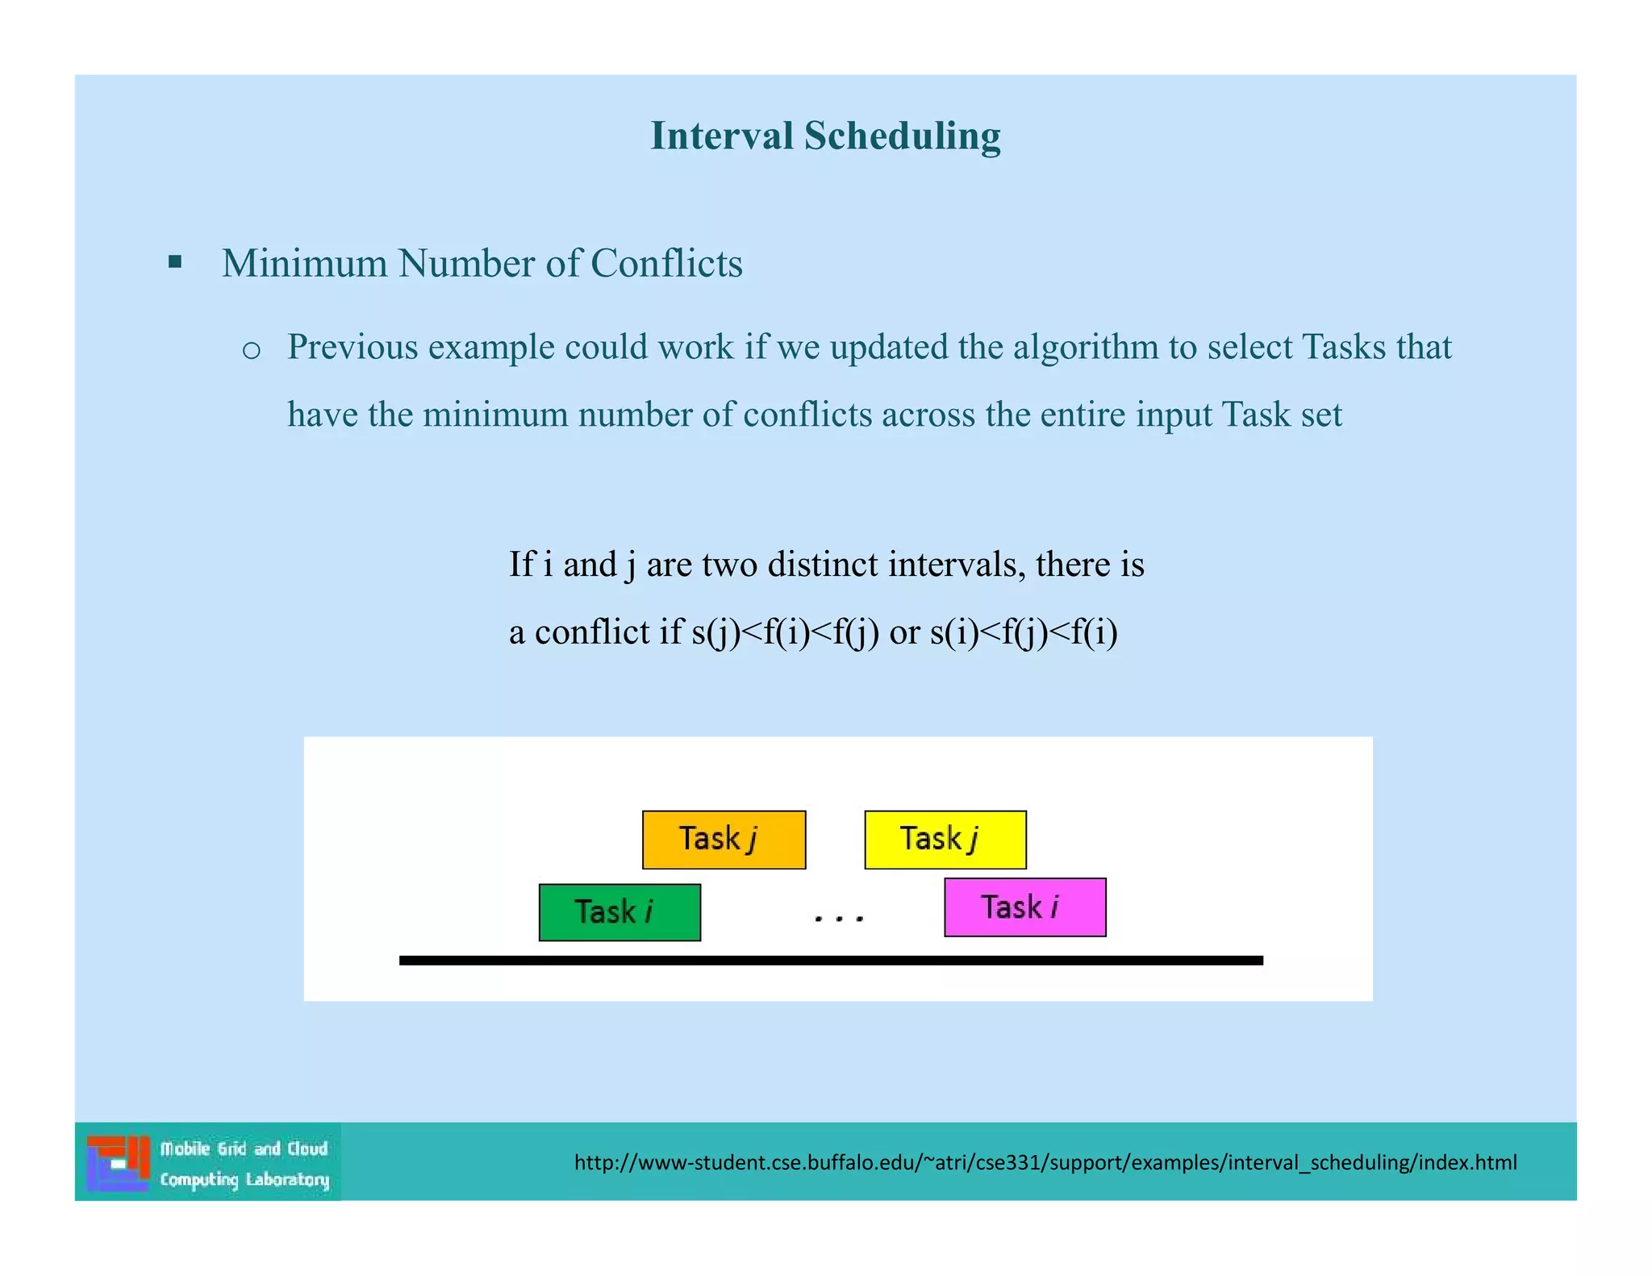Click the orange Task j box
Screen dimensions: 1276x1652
[x=724, y=839]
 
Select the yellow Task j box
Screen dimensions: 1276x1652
[x=945, y=839]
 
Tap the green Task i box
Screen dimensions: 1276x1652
[x=619, y=912]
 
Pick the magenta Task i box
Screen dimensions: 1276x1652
[x=1024, y=907]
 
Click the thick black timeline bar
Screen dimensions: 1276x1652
[x=831, y=961]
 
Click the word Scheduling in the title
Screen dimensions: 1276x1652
[x=902, y=136]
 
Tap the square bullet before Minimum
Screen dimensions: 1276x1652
[x=175, y=262]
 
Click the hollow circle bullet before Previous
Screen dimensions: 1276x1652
[x=252, y=350]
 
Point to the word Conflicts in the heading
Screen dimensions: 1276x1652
[x=666, y=264]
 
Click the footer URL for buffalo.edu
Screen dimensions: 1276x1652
[x=1045, y=1162]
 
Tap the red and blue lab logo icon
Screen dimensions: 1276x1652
[x=119, y=1162]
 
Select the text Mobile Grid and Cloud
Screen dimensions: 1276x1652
[x=244, y=1149]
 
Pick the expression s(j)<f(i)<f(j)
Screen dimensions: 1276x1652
[x=785, y=632]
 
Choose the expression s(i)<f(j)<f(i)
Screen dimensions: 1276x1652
[x=1024, y=632]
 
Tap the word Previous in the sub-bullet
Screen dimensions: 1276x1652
[x=353, y=348]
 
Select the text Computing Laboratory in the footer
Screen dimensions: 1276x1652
[x=244, y=1179]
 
